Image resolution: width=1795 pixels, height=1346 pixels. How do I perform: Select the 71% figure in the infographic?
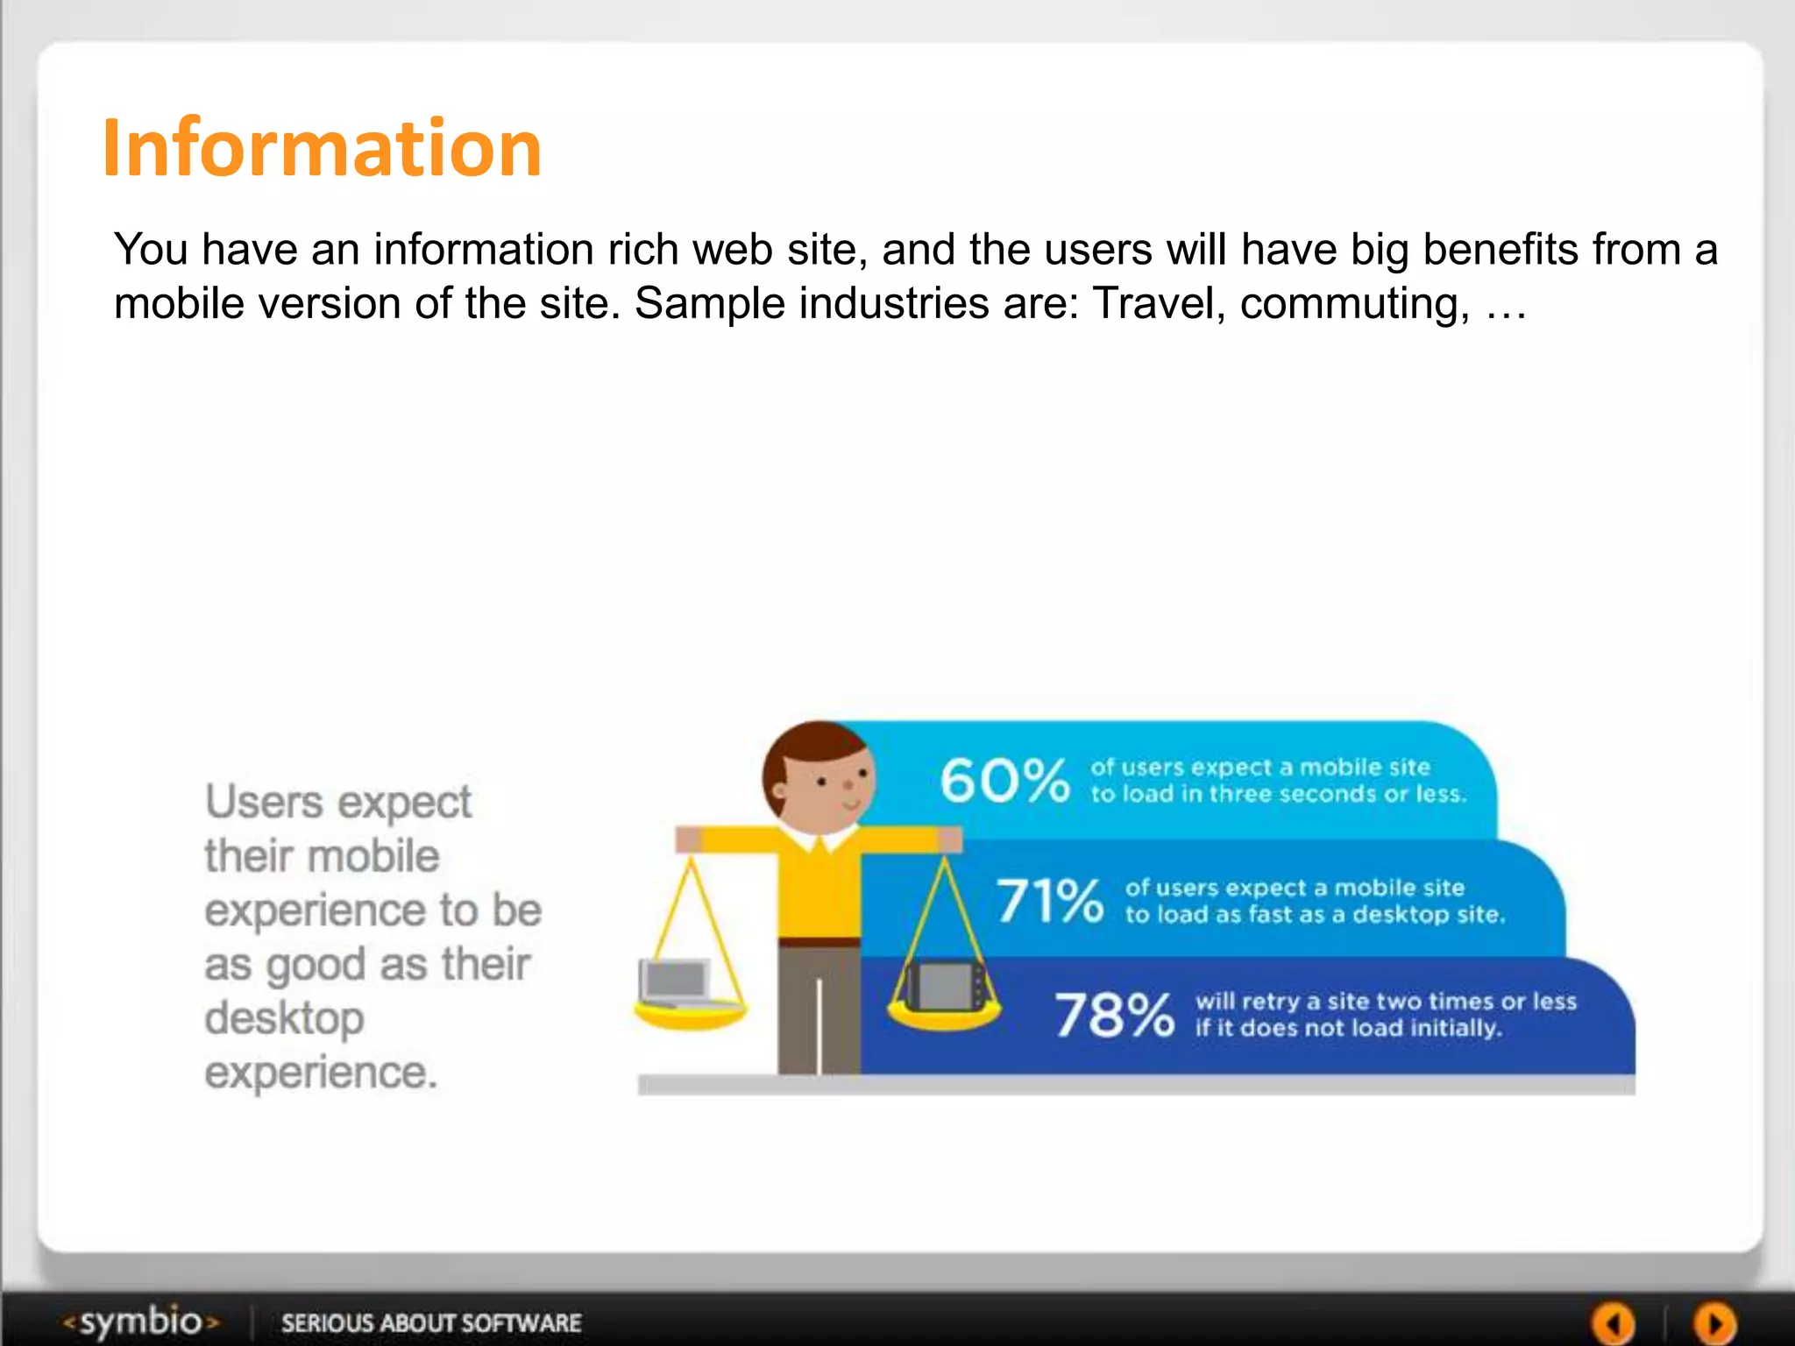tap(1049, 901)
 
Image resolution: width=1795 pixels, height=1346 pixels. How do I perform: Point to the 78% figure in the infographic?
tap(1114, 1015)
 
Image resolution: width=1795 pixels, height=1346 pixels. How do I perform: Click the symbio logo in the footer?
tap(140, 1321)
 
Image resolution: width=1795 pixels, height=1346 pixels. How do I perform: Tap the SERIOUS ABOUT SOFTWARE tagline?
tap(430, 1322)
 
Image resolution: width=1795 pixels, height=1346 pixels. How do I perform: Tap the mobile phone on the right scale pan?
tap(945, 987)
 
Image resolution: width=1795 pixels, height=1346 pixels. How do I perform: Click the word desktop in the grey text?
tap(284, 1019)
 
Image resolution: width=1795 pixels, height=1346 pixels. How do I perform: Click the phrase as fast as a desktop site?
tap(1359, 915)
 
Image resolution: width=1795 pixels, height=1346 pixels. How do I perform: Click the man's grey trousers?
tap(817, 1008)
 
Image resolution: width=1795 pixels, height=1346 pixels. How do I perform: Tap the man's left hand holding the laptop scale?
tap(689, 840)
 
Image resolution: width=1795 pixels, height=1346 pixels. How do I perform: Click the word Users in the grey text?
tap(264, 802)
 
